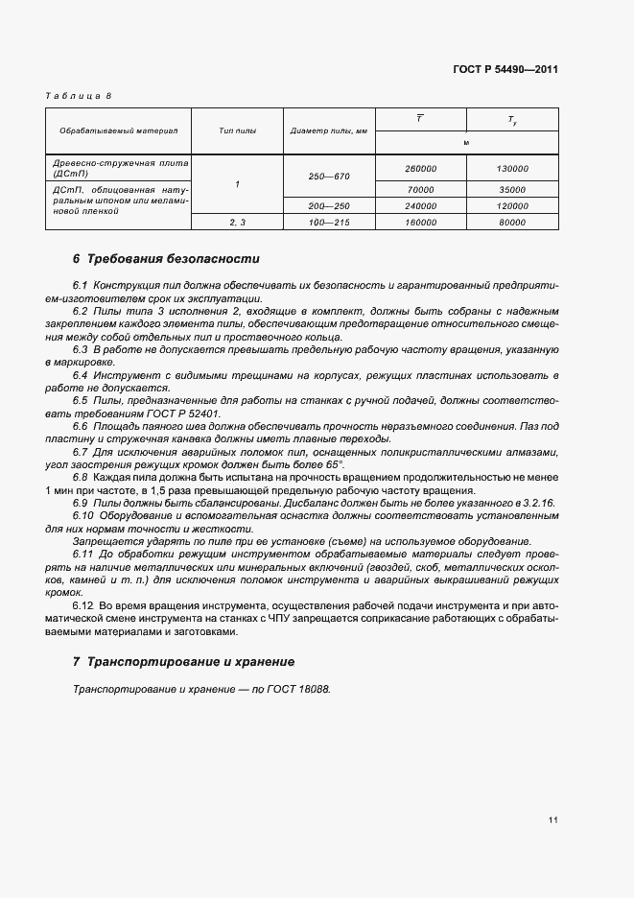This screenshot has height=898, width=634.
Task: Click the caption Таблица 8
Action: point(80,96)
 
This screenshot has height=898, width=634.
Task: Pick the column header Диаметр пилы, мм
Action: point(329,130)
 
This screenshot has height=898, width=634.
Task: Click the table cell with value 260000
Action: point(421,168)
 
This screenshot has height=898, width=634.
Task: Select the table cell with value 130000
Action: point(512,168)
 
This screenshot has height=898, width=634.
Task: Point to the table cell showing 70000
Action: point(421,190)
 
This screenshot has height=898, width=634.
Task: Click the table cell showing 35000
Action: point(512,190)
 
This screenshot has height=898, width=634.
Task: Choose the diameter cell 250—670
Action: point(329,178)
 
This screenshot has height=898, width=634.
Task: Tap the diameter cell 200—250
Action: point(329,206)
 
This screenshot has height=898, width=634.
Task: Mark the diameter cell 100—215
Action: point(329,222)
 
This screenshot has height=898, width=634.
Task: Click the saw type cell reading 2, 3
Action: point(237,222)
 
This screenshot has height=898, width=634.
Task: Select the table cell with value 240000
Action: point(421,206)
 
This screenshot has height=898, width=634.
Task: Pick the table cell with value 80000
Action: point(512,222)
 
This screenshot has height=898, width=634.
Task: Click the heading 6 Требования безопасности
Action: point(165,259)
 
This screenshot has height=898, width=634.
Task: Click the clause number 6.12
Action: point(83,607)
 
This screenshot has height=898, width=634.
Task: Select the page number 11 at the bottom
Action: point(553,820)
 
